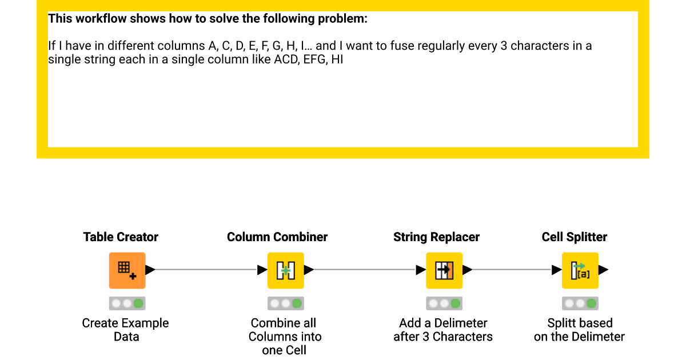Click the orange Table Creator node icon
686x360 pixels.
pyautogui.click(x=127, y=270)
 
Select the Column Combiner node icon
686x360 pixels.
pyautogui.click(x=285, y=270)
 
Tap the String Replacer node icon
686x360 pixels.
pyautogui.click(x=444, y=270)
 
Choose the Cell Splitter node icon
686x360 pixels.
pyautogui.click(x=580, y=270)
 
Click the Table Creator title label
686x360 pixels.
pyautogui.click(x=121, y=237)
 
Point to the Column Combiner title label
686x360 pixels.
pyautogui.click(x=277, y=237)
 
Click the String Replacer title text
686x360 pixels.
pyautogui.click(x=436, y=237)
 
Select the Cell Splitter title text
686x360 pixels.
pyautogui.click(x=575, y=237)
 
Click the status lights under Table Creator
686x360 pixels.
pyautogui.click(x=127, y=303)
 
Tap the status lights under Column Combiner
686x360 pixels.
pyautogui.click(x=285, y=303)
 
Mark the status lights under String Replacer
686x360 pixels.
pyautogui.click(x=444, y=303)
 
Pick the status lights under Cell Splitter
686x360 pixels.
pyautogui.click(x=580, y=303)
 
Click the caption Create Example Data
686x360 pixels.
pyautogui.click(x=126, y=330)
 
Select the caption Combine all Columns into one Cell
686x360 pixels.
pyautogui.click(x=285, y=337)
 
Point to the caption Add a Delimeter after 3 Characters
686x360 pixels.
pyautogui.click(x=443, y=330)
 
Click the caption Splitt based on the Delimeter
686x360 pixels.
pyautogui.click(x=579, y=330)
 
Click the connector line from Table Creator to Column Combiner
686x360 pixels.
pyautogui.click(x=206, y=270)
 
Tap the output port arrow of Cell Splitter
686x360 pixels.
pyautogui.click(x=603, y=270)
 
